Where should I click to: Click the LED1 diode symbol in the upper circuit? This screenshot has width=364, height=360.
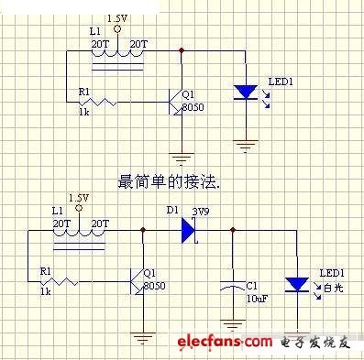(x=245, y=93)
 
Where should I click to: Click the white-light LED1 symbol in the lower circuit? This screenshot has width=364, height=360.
(x=296, y=285)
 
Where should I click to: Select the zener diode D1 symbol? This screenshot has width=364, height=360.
(x=190, y=230)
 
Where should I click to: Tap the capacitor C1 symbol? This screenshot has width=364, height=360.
(x=233, y=286)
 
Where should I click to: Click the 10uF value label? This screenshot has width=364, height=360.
(x=257, y=299)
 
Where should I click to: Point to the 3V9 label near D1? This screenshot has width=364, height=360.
(x=201, y=212)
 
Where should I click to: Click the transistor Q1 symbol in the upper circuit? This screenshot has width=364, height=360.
(x=176, y=102)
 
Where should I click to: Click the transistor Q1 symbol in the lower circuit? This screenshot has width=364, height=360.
(x=138, y=281)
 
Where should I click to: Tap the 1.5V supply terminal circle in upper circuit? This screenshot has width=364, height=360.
(x=117, y=29)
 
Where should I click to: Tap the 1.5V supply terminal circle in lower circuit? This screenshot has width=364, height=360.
(x=79, y=209)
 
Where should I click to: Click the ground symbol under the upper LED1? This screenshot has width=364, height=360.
(x=246, y=146)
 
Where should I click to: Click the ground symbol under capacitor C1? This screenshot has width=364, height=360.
(x=233, y=325)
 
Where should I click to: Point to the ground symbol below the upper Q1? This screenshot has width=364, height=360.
(x=182, y=158)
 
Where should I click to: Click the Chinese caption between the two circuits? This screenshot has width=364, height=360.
(x=169, y=181)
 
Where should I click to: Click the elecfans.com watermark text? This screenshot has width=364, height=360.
(x=225, y=342)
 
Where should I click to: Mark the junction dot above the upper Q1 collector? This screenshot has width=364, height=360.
(x=182, y=50)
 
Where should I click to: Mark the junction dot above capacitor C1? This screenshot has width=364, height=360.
(x=233, y=230)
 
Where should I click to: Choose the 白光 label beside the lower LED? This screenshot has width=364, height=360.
(x=334, y=288)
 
